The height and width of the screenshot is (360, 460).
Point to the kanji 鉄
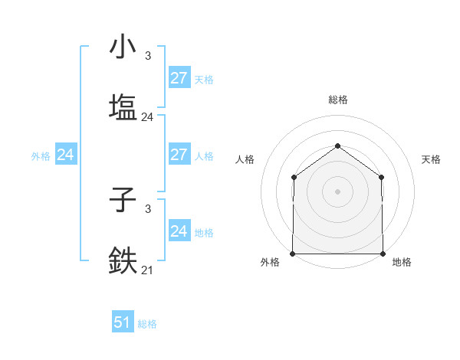[123, 259]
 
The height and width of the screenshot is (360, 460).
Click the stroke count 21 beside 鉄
[147, 270]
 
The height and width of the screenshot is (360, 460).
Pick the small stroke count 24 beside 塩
[147, 117]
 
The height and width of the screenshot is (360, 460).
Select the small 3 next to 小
[147, 56]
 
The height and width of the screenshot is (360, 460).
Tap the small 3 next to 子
[147, 208]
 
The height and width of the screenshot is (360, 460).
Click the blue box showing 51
[123, 323]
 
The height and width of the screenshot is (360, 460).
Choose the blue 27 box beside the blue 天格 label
[179, 78]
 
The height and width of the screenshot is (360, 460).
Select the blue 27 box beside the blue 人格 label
[179, 155]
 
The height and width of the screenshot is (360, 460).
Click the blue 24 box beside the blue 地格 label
[179, 231]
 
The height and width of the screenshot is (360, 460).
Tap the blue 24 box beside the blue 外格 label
[65, 155]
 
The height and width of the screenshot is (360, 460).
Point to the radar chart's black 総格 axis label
[337, 100]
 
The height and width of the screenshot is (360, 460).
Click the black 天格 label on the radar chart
[432, 159]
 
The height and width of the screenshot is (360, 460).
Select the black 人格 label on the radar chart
[245, 159]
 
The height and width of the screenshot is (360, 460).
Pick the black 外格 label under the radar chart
[270, 263]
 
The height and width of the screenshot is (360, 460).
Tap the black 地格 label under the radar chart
[402, 263]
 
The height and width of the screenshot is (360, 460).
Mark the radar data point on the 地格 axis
[383, 254]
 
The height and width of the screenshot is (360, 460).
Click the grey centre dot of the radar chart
[337, 191]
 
